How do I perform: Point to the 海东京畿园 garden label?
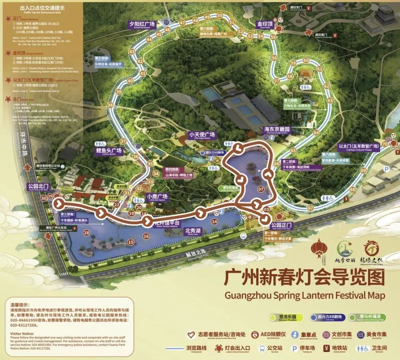[x=277, y=130]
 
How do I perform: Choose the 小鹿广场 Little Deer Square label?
[x=157, y=197]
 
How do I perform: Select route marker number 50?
[x=220, y=16]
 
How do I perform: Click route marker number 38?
[x=110, y=105]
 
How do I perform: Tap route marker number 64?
[x=316, y=132]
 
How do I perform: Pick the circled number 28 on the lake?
[x=87, y=233]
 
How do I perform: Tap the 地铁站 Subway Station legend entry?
[x=336, y=349]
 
